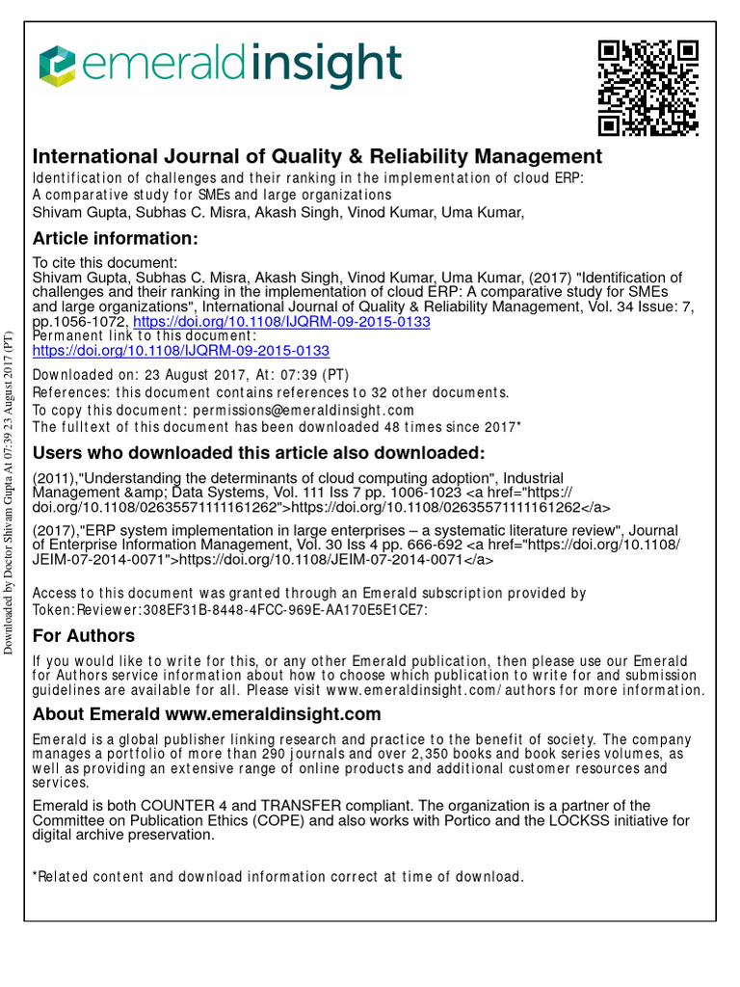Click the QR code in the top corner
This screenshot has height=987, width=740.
point(647,88)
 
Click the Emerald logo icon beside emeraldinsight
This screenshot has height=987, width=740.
point(57,67)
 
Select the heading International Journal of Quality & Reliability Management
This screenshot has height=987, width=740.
point(317,156)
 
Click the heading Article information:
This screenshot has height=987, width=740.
point(115,238)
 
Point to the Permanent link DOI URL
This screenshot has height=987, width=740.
point(181,351)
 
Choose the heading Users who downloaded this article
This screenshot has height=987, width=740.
point(259,454)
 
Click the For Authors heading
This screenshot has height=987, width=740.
point(84,635)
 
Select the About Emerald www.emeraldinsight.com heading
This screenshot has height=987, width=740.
point(206,714)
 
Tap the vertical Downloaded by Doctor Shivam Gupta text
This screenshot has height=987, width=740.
point(11,492)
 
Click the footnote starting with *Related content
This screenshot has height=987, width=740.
point(278,877)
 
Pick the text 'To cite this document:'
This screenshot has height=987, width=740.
point(104,262)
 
